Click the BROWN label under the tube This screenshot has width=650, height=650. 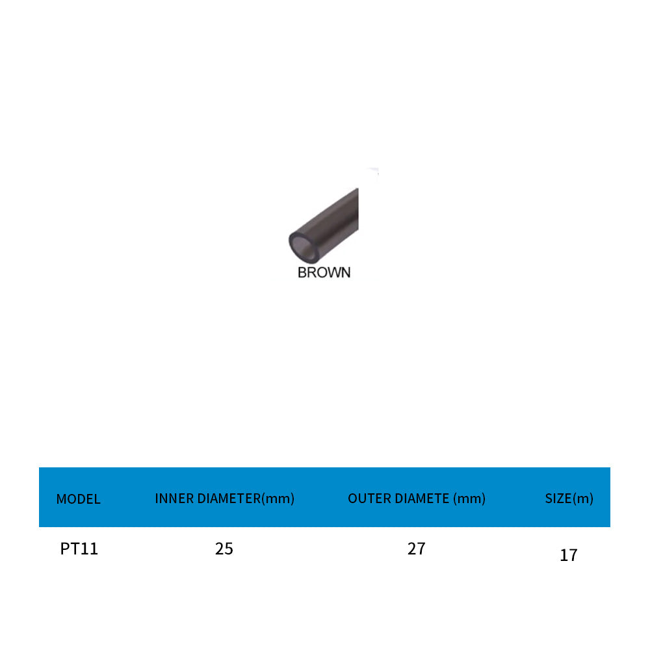[x=324, y=272]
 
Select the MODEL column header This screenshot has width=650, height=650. [x=78, y=499]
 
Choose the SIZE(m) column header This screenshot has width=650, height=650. [x=569, y=499]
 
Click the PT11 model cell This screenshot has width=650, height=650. [x=79, y=549]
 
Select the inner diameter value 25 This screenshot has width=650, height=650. [x=224, y=549]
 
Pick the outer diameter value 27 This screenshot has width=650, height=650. [x=416, y=549]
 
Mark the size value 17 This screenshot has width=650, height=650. [x=568, y=555]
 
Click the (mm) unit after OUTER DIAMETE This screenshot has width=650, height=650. [x=469, y=499]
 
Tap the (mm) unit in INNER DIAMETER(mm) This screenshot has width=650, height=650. [x=278, y=499]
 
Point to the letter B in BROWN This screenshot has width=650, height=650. [x=302, y=272]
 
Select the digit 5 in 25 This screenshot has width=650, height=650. [x=228, y=549]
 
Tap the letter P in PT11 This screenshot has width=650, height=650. [x=65, y=549]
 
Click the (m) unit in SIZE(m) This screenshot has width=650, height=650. [x=583, y=499]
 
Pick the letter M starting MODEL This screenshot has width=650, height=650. [x=61, y=499]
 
